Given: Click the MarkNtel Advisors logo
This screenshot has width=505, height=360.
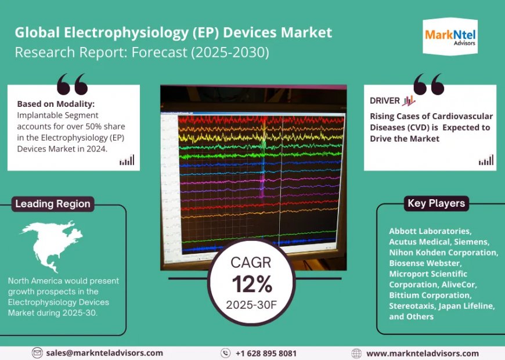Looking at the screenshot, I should pos(450,37).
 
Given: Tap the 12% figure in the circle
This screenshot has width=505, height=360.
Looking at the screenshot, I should pos(252,284).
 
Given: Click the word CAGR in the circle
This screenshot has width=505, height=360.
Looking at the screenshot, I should pos(251,262).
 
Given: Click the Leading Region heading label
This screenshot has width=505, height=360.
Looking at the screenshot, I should pos(53,204).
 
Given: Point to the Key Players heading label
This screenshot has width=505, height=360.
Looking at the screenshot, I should pos(436,203).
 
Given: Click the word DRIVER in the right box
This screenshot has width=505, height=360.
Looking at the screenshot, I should pos(385,100).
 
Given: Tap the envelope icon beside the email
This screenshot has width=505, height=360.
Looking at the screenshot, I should pos(37,353).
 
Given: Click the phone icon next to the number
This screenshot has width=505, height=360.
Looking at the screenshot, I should pos(226,353).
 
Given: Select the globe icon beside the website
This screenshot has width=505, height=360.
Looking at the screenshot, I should pos(357,353).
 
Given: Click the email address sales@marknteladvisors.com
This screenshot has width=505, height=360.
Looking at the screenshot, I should pos(105,353).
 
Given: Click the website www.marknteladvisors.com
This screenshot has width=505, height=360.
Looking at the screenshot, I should pos(423,353).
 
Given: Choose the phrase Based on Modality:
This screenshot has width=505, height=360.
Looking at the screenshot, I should pos(56,104).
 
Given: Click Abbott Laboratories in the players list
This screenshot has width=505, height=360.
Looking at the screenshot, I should pos(431,231).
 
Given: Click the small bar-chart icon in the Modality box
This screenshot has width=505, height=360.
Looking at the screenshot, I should pos(127,160).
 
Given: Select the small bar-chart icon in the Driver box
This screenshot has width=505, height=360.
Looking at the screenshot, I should pos(486,160).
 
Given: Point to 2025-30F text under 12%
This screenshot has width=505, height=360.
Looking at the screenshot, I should pos(251,304).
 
